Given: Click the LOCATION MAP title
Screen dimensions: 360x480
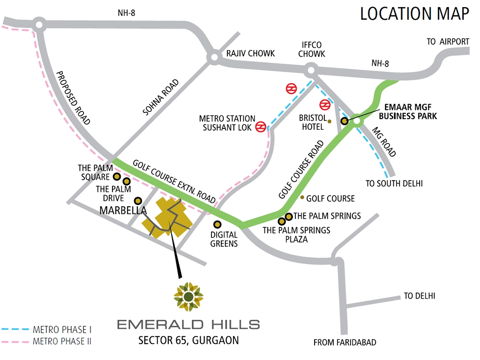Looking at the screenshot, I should [414, 14].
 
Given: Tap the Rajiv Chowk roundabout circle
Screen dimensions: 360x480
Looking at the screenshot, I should [214, 57].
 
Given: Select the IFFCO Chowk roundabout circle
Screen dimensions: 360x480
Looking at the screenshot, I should [309, 72].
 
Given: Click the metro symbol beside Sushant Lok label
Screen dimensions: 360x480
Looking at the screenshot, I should [261, 127].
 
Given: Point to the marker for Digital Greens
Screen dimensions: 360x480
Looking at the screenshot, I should [217, 225].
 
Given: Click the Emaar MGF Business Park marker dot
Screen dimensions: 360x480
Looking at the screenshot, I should [344, 120].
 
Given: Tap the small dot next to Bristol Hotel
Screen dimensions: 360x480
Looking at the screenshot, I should [330, 121].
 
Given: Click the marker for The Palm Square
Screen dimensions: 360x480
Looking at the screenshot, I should [117, 177].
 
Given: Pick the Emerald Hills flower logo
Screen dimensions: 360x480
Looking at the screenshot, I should [188, 296].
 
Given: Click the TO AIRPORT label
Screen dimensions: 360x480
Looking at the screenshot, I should [448, 42].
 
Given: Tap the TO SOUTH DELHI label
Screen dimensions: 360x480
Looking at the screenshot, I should [394, 184].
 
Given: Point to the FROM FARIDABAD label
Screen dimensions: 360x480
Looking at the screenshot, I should [345, 343].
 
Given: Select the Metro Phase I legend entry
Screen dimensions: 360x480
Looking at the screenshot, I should [46, 330].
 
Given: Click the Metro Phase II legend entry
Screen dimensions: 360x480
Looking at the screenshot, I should [46, 341].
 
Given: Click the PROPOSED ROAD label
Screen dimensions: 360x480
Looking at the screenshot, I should [73, 97].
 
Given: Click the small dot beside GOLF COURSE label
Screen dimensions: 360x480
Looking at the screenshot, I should [302, 197].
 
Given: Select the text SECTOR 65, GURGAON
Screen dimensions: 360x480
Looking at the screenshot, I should [188, 340].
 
